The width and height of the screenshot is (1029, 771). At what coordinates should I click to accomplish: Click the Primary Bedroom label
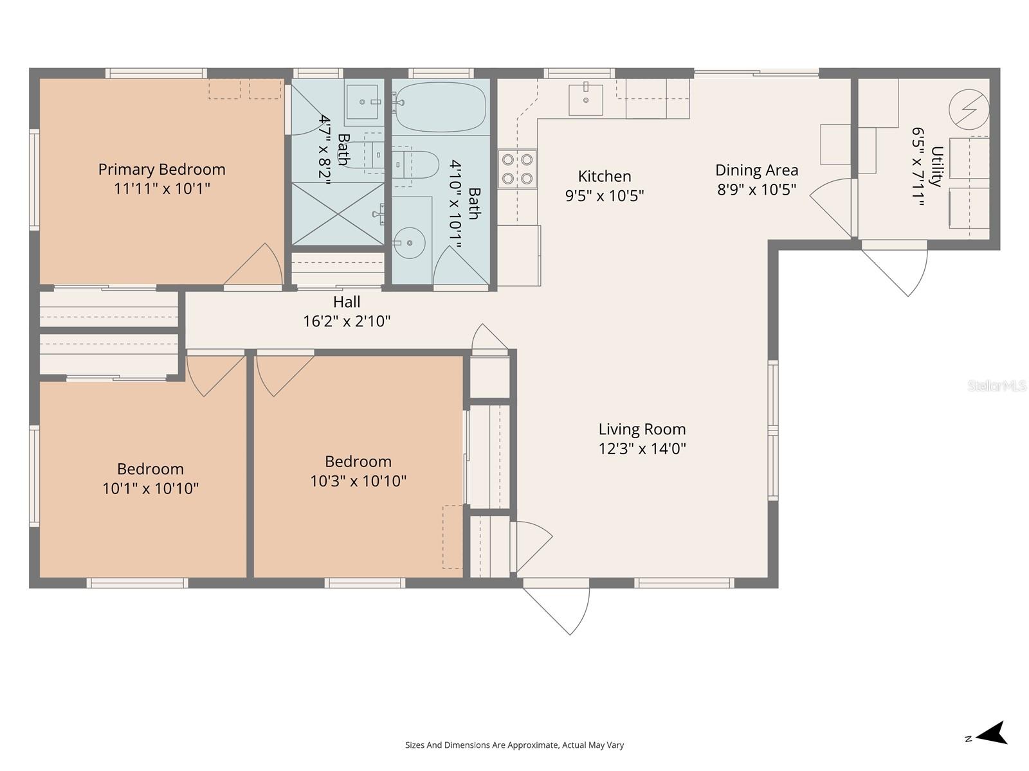161,170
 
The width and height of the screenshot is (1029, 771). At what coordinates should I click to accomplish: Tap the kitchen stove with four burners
517,169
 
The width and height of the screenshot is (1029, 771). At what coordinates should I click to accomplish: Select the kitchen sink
585,100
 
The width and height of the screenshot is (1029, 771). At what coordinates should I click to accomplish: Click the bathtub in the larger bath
440,107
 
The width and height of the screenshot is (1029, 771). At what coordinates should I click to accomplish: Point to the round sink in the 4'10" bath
410,243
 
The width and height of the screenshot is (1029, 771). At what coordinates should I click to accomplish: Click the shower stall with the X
338,213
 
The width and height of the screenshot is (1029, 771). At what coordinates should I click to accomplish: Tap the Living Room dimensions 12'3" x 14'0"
642,448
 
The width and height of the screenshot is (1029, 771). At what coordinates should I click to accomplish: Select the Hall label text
347,302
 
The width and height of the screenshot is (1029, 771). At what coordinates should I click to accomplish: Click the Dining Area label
756,170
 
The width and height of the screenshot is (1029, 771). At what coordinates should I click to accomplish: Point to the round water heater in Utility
969,108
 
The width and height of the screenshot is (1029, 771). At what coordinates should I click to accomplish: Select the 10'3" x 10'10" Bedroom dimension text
358,481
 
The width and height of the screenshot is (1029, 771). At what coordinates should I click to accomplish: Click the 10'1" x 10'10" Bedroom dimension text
150,489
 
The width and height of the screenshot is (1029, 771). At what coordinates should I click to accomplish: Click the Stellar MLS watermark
996,386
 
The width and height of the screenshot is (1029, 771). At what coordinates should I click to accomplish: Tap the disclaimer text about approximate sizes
514,745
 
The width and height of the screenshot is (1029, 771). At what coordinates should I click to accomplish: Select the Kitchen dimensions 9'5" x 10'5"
605,196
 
